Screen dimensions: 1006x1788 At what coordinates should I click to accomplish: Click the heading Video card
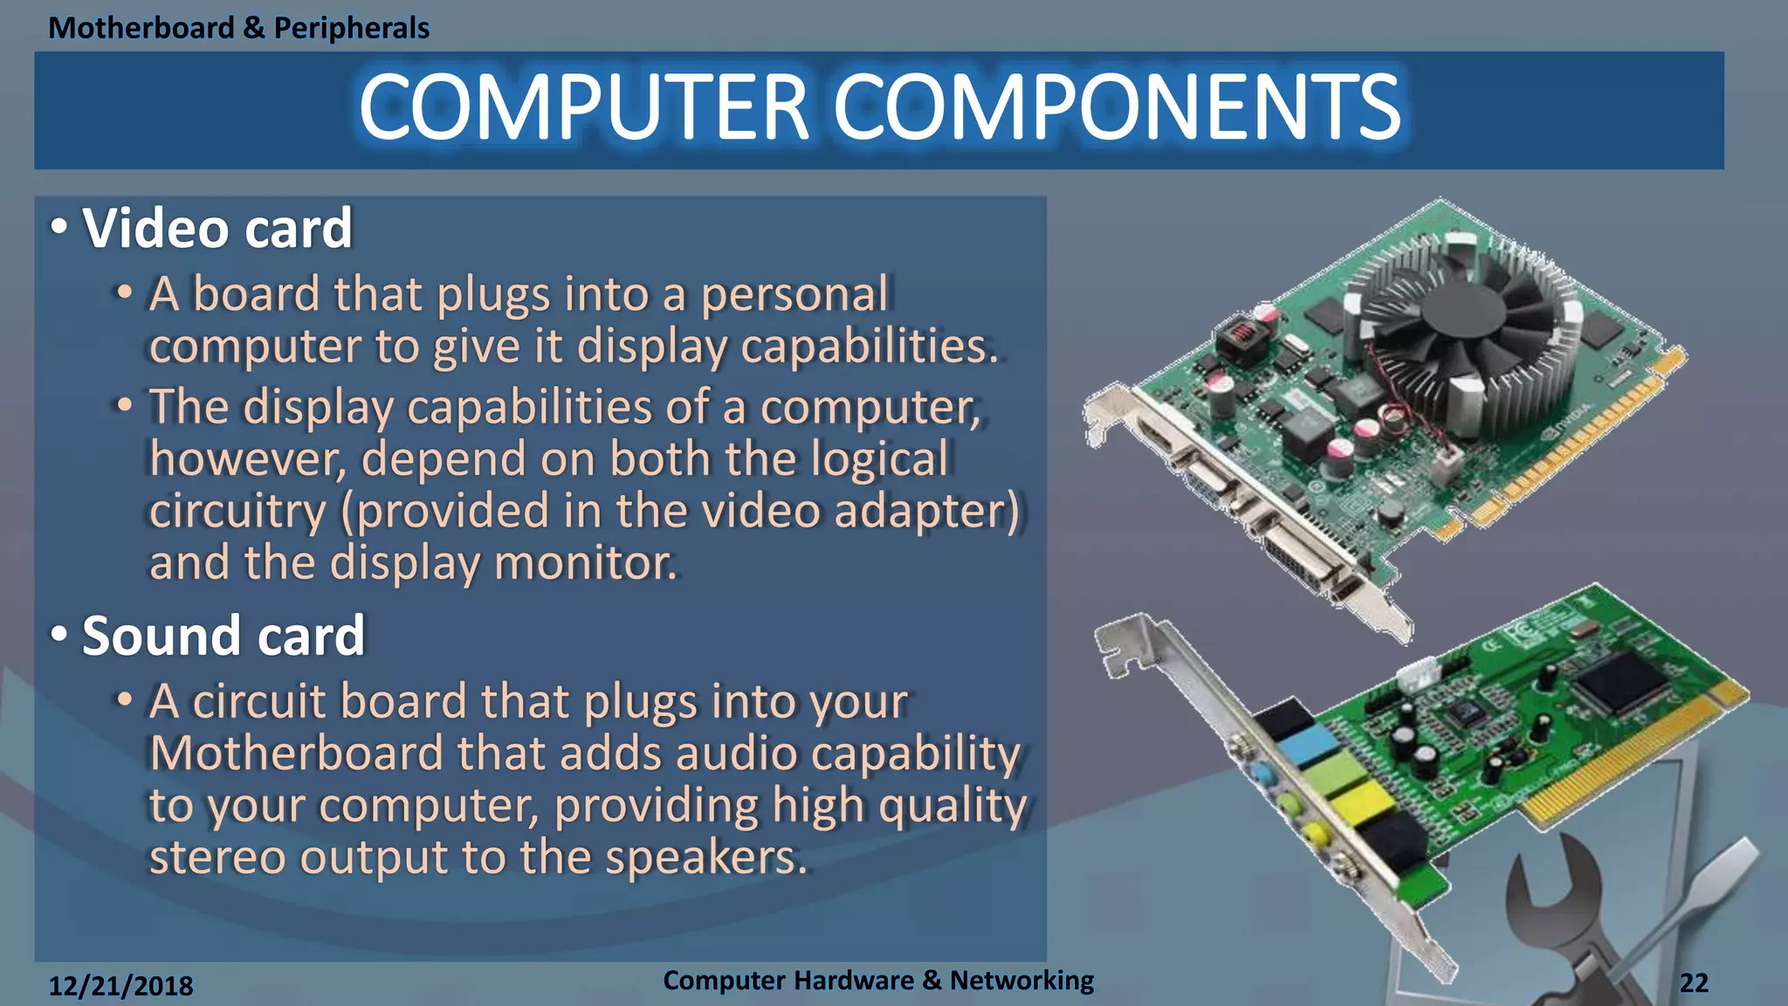click(x=217, y=229)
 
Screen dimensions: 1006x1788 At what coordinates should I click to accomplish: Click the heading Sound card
click(x=223, y=636)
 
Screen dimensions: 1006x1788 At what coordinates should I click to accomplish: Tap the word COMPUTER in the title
click(x=583, y=107)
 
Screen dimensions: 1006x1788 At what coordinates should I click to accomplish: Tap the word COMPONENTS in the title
click(x=1117, y=107)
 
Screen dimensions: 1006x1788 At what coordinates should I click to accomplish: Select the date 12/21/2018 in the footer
click(x=120, y=986)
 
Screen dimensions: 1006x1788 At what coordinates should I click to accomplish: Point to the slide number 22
click(x=1694, y=983)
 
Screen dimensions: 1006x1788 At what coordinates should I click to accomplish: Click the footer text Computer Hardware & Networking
click(x=877, y=981)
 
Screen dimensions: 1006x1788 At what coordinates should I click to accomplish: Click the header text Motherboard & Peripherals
click(x=238, y=28)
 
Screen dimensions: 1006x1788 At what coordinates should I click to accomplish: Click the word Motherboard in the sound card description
click(x=296, y=754)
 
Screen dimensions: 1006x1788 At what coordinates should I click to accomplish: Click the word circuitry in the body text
click(x=237, y=512)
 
